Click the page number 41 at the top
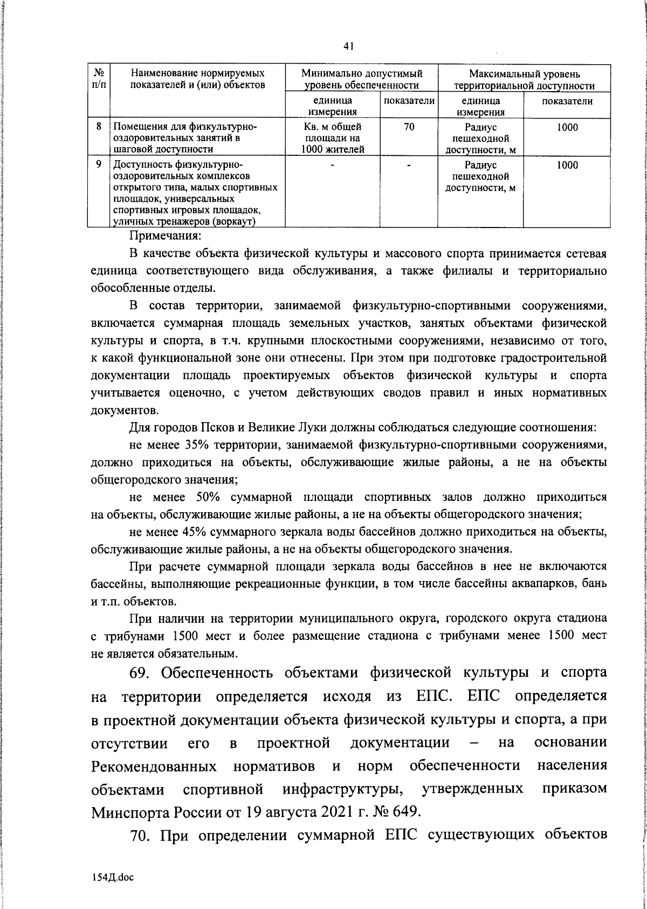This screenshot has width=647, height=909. coord(348,47)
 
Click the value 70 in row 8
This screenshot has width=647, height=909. coord(409,128)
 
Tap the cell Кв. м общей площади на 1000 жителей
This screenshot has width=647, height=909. coord(332,138)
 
